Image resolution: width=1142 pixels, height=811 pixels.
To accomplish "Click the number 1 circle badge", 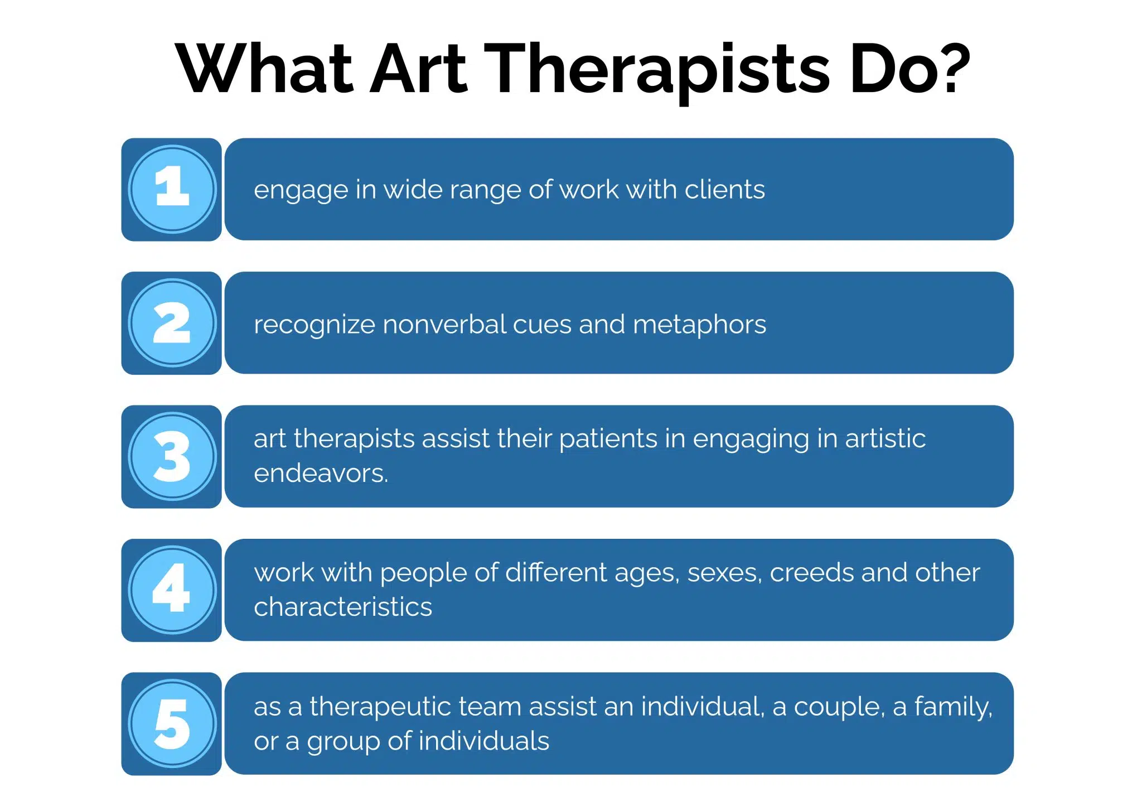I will click(172, 189).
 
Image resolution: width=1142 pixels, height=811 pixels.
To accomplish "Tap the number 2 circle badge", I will click(172, 323).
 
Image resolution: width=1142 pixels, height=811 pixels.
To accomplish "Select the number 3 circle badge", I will click(172, 456).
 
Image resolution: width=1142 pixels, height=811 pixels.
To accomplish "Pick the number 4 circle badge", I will click(172, 590).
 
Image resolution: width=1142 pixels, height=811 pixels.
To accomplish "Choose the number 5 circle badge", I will click(172, 723).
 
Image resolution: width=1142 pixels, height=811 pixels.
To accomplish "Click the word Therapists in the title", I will click(657, 70).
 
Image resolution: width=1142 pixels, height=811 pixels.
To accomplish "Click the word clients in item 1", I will click(724, 190).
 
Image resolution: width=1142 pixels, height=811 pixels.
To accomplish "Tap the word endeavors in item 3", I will click(320, 474).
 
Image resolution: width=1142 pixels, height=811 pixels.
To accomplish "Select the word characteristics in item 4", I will click(343, 607).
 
